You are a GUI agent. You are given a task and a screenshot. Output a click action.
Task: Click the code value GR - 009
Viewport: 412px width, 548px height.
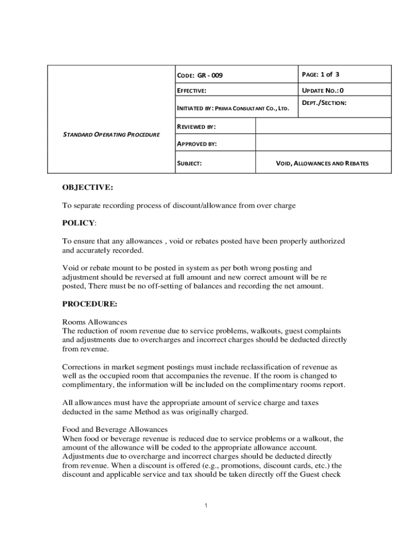(x=210, y=75)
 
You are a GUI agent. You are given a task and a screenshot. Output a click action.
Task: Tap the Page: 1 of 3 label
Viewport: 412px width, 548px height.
(x=321, y=74)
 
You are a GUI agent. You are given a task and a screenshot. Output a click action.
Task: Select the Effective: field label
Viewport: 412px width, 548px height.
(x=192, y=92)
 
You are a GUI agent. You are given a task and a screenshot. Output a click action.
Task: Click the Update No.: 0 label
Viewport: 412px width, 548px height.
(x=323, y=90)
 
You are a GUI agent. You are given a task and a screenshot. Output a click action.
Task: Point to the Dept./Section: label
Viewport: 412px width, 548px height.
(x=324, y=102)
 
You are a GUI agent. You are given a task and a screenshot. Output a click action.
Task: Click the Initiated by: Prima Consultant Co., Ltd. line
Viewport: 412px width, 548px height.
(x=233, y=109)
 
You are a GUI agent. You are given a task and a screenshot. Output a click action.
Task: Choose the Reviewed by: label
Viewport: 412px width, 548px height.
(x=196, y=127)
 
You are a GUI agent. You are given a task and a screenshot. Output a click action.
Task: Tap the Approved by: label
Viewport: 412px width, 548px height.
(x=196, y=144)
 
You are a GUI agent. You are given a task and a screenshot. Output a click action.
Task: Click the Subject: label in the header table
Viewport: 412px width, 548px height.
(x=189, y=163)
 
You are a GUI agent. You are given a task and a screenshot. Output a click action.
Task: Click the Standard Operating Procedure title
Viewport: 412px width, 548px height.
(x=111, y=134)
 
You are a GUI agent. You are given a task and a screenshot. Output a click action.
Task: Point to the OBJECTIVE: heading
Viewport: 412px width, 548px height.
(x=88, y=187)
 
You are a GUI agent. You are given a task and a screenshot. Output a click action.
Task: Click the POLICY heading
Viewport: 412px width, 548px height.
(x=79, y=222)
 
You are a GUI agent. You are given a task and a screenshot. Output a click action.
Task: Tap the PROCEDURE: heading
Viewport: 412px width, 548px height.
(x=89, y=303)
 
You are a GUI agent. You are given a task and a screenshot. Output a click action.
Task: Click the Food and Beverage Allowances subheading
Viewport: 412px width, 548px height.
(x=115, y=429)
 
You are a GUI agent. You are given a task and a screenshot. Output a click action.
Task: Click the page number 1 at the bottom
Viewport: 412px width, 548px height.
(x=206, y=505)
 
